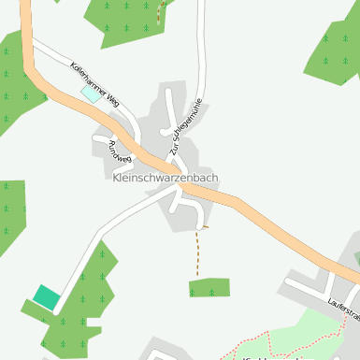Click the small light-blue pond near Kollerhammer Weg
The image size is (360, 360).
(91, 93)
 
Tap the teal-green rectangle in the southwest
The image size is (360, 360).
(46, 298)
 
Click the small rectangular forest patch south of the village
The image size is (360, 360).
(209, 288)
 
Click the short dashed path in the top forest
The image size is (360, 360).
(160, 11)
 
